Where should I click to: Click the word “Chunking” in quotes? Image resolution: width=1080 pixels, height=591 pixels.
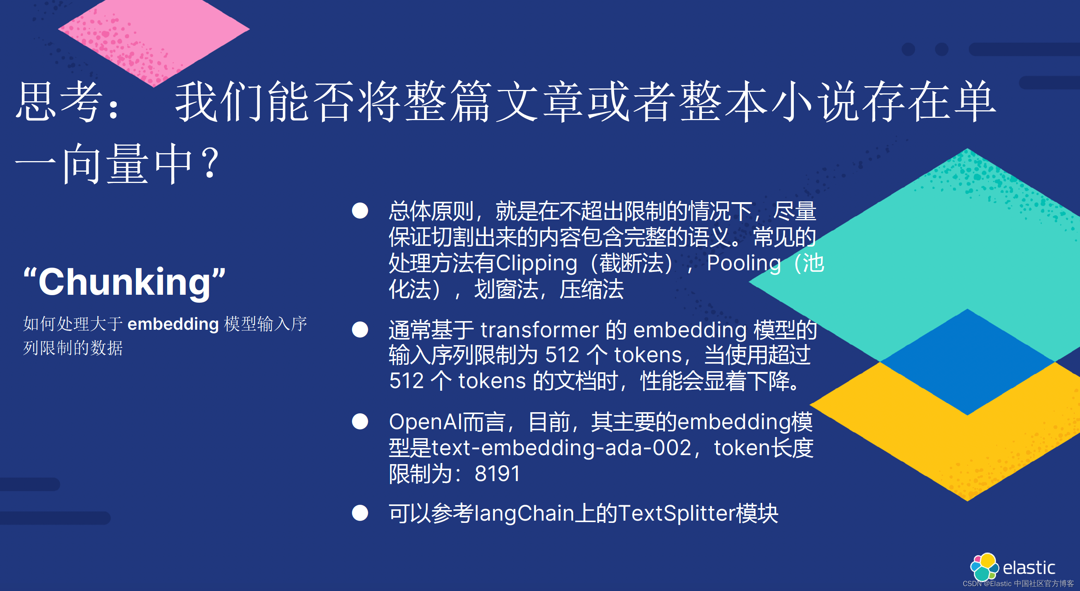[x=125, y=282]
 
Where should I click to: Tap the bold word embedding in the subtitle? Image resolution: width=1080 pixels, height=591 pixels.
[x=173, y=324]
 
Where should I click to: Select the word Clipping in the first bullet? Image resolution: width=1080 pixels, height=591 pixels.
[x=536, y=263]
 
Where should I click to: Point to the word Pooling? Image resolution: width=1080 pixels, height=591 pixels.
[x=743, y=263]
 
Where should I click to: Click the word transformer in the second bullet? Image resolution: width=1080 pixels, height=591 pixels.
[x=539, y=330]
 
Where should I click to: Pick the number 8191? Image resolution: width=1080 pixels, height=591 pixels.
[x=497, y=474]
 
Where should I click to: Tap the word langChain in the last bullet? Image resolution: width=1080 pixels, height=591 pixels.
[x=524, y=513]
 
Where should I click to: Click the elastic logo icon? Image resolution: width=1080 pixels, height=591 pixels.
[x=984, y=566]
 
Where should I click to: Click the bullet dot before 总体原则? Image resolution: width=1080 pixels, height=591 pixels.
[x=360, y=211]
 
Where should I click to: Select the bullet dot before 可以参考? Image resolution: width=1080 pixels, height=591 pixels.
[x=360, y=513]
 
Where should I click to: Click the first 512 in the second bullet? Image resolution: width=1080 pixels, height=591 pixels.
[x=562, y=355]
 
